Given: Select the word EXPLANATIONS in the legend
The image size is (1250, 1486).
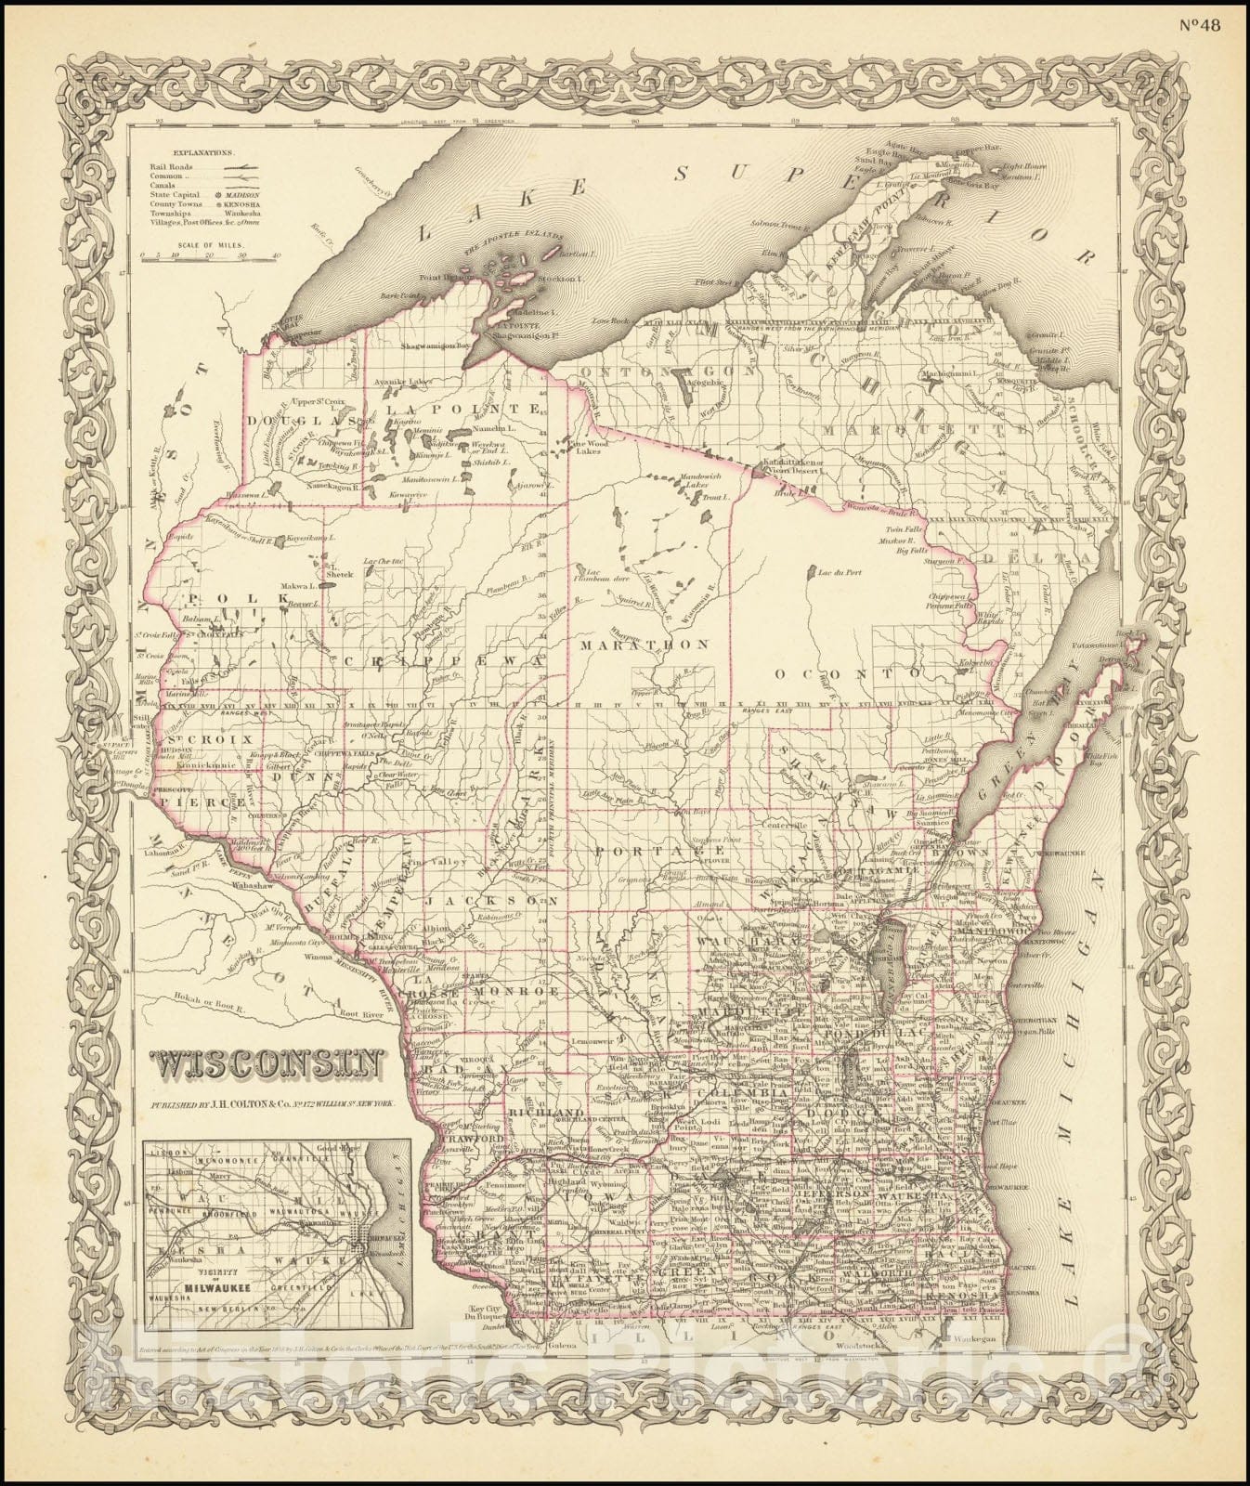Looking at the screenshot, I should click(202, 149).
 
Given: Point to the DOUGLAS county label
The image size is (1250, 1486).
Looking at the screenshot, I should click(290, 419).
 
